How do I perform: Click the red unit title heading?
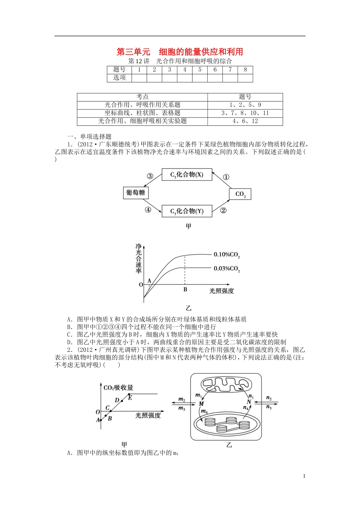pyautogui.click(x=180, y=52)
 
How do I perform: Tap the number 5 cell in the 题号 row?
pyautogui.click(x=200, y=70)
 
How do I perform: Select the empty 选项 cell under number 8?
pyautogui.click(x=245, y=78)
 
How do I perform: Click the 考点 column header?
pyautogui.click(x=142, y=97)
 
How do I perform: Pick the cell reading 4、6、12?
pyautogui.click(x=245, y=121)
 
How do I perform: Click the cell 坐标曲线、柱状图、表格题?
pyautogui.click(x=142, y=113)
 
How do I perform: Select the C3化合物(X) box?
pyautogui.click(x=187, y=175)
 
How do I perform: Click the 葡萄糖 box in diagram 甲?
pyautogui.click(x=136, y=192)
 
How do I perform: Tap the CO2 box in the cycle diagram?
pyautogui.click(x=240, y=194)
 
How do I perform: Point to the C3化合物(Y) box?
pyautogui.click(x=187, y=211)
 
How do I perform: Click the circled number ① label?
pyautogui.click(x=226, y=177)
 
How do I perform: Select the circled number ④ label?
pyautogui.click(x=148, y=210)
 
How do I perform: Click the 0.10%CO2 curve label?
pyautogui.click(x=227, y=255)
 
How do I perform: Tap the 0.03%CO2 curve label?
pyautogui.click(x=227, y=269)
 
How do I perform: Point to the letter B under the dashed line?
pyautogui.click(x=185, y=290)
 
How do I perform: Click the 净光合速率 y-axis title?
pyautogui.click(x=138, y=259)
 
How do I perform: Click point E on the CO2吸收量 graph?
pyautogui.click(x=130, y=397)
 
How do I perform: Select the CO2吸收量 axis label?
pyautogui.click(x=118, y=387)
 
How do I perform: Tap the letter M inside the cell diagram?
pyautogui.click(x=202, y=404)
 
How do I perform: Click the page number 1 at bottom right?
pyautogui.click(x=304, y=476)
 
